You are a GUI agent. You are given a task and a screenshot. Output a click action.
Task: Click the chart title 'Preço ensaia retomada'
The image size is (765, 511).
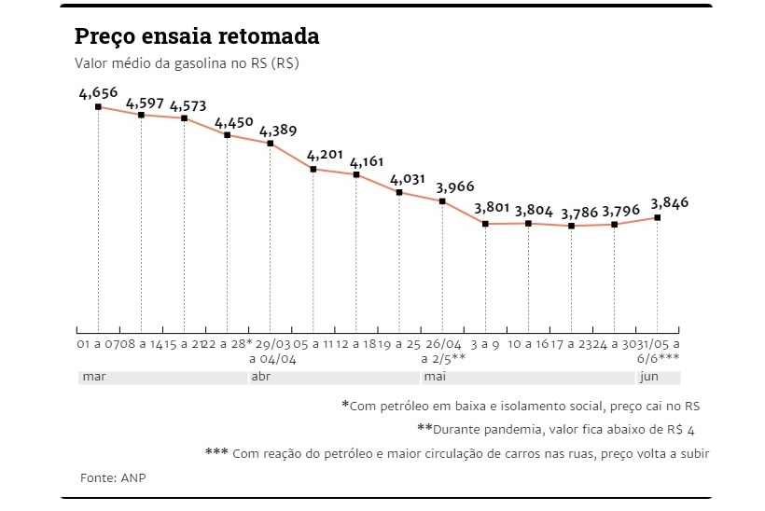coord(197,36)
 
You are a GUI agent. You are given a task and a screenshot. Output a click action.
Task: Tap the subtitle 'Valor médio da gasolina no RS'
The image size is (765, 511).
coord(187,64)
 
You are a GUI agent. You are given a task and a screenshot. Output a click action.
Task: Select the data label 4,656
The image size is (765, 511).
coord(98,92)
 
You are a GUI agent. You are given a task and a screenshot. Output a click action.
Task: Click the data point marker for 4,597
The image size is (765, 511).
coord(141,115)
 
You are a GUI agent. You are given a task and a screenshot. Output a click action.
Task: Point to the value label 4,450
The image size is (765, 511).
coord(233,122)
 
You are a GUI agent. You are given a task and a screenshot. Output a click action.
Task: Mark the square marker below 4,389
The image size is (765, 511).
coord(271,144)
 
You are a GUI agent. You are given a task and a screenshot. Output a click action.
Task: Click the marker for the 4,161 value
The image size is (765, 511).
coord(356,174)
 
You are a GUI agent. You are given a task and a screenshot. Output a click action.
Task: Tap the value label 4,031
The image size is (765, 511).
coord(408,179)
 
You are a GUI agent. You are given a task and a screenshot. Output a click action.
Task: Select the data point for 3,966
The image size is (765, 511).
coord(442,201)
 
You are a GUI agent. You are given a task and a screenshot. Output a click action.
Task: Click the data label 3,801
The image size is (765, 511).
coord(494,209)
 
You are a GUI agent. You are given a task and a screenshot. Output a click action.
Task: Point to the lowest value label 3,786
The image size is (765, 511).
coord(578,212)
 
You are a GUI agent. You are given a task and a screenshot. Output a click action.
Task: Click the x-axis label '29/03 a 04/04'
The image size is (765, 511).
coord(271,350)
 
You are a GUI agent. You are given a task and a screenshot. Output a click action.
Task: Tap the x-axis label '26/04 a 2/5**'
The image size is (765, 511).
coord(442,350)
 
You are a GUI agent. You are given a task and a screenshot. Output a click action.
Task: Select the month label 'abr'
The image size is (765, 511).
coord(260,378)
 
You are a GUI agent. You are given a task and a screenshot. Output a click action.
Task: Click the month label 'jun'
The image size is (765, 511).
coord(648,378)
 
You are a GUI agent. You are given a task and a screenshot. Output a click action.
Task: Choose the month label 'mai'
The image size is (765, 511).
coord(434,378)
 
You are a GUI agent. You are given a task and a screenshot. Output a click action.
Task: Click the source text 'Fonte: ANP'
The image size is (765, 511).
coord(113,477)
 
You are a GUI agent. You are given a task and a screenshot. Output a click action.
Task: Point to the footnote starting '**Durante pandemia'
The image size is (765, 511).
coord(557,429)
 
